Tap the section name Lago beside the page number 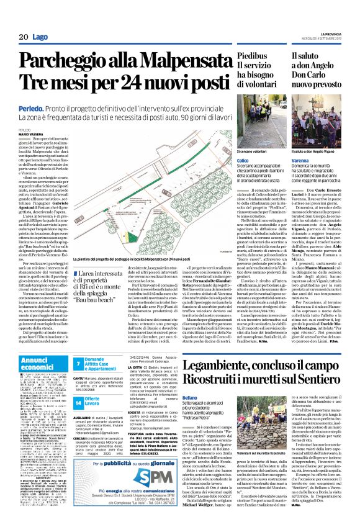point(39,37)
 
